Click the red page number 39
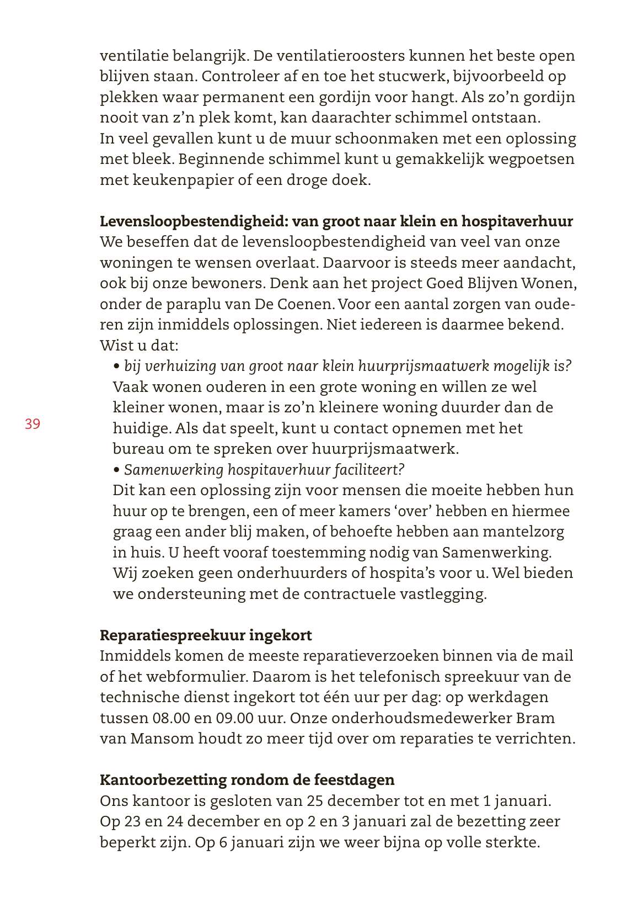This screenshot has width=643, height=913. click(32, 424)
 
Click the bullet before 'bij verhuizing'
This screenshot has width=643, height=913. click(116, 367)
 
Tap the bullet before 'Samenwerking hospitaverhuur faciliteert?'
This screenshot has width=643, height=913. click(116, 470)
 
